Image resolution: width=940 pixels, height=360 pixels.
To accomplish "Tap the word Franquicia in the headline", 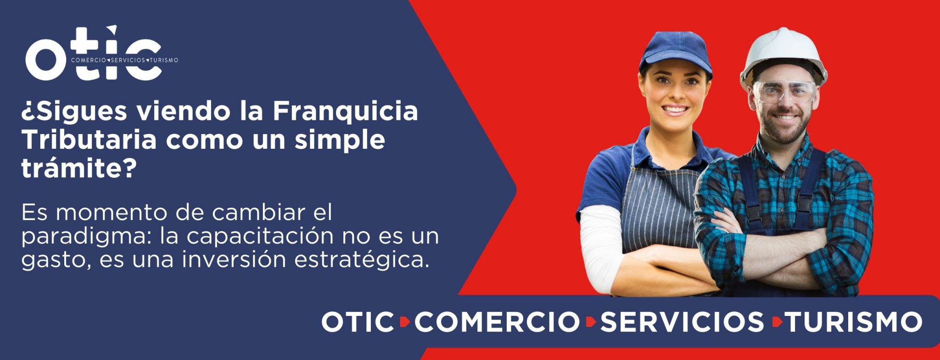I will tap(346, 111).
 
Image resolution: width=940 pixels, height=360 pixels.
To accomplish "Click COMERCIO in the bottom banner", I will tap(497, 321).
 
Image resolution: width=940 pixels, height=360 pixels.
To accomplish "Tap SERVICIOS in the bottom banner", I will tap(682, 321).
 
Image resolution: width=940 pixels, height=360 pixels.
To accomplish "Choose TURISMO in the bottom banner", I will tap(853, 321).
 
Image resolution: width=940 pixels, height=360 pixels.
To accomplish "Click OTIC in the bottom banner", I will tap(358, 321).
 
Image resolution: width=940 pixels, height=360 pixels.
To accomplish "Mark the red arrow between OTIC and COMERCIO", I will tap(404, 322).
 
